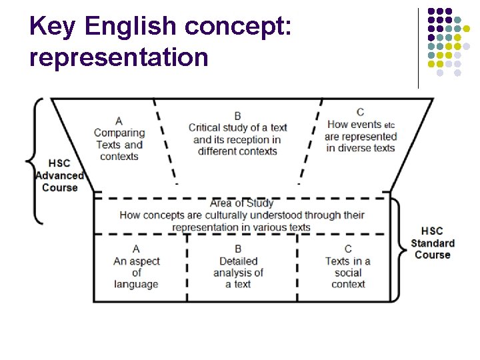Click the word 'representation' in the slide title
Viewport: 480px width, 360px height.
click(x=119, y=57)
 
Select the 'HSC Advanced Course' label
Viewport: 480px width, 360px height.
click(x=60, y=175)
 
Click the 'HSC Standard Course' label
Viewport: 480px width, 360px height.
click(x=432, y=243)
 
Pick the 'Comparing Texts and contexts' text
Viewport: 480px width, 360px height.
click(x=119, y=145)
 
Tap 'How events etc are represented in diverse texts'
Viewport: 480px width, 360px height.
click(x=360, y=136)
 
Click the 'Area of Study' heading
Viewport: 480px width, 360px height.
click(x=241, y=203)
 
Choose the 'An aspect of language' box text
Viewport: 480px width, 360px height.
click(x=136, y=273)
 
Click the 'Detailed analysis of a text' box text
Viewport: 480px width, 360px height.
click(x=238, y=273)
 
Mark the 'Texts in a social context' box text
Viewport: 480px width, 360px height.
click(x=348, y=273)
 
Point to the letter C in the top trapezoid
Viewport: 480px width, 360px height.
click(x=360, y=112)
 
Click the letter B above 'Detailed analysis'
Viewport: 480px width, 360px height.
click(x=238, y=249)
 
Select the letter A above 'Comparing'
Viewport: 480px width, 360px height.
click(x=119, y=121)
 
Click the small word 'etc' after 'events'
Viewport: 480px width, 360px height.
click(x=390, y=125)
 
